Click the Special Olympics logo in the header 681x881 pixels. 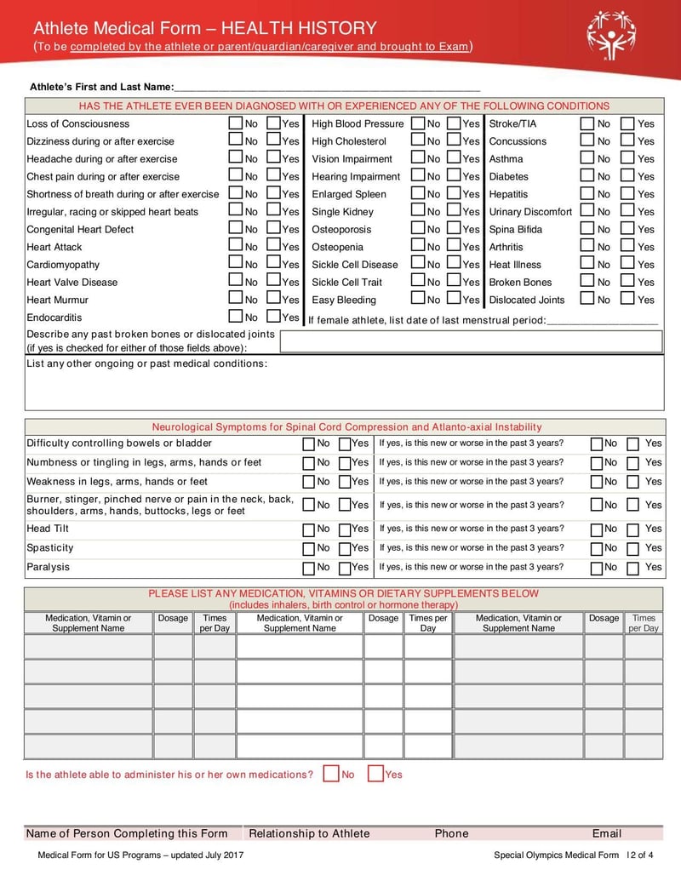point(610,35)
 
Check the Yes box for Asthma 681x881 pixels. point(627,158)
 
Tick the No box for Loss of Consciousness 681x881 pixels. point(235,123)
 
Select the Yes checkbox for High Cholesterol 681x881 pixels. point(455,140)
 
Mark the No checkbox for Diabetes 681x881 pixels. point(587,176)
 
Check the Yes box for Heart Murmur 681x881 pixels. point(273,299)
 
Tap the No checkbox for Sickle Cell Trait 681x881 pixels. point(418,282)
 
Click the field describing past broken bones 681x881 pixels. point(471,342)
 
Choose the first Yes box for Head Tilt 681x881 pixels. point(346,529)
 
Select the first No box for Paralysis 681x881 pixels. point(310,568)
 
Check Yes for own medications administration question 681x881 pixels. point(375,774)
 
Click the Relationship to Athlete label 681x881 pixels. point(309,833)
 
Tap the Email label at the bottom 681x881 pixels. point(606,833)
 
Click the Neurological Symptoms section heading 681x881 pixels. point(346,426)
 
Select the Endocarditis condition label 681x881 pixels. point(54,318)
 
